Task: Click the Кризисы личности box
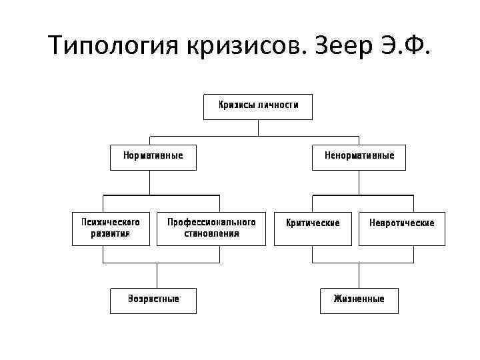point(258,106)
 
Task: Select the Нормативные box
point(153,157)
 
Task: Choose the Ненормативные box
point(359,157)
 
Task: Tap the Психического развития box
point(111,228)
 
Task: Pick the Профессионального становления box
point(211,228)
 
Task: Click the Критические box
point(313,228)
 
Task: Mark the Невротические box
point(401,228)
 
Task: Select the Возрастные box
point(153,300)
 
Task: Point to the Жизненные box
point(359,300)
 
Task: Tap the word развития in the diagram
point(111,234)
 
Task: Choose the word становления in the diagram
point(211,234)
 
